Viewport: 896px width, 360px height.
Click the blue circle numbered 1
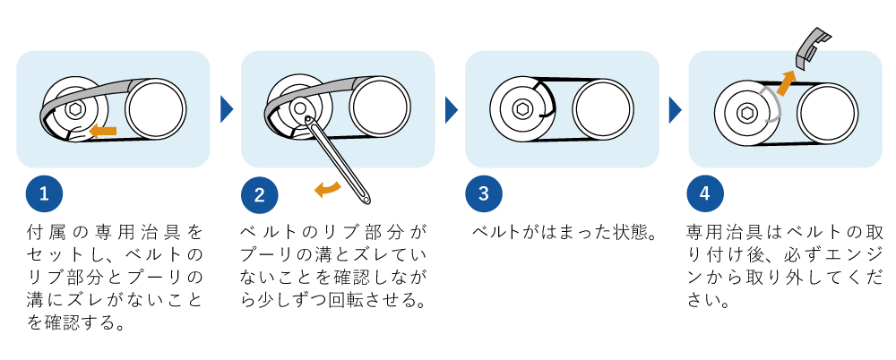click(x=45, y=194)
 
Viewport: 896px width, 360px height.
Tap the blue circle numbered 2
click(x=260, y=194)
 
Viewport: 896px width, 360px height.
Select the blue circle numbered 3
click(x=484, y=194)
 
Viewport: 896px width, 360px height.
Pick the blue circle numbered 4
click(x=705, y=194)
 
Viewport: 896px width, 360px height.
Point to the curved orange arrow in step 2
click(x=327, y=187)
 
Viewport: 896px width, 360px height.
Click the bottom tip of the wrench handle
click(x=368, y=195)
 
